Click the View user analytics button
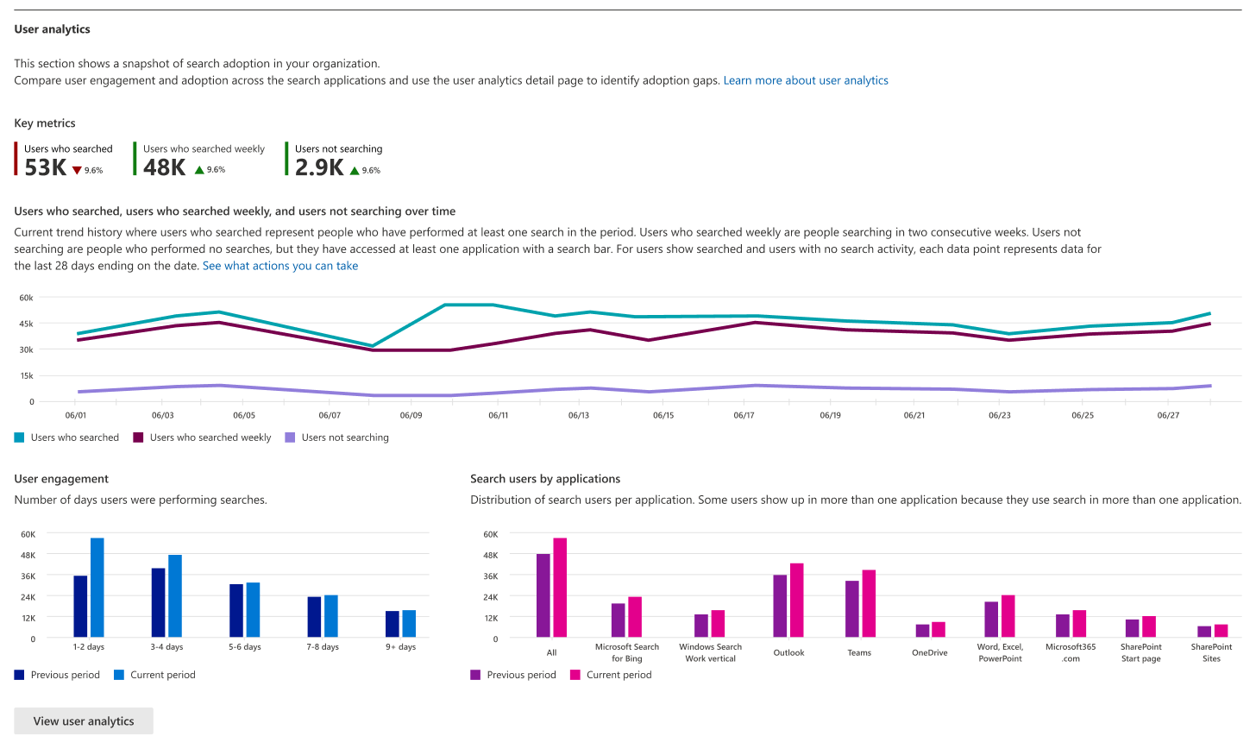84,721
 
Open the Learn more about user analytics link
805,80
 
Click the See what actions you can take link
279,266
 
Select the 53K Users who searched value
46,167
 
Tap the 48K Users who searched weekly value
165,167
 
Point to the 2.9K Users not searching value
319,167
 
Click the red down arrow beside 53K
77,171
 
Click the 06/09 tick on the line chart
411,415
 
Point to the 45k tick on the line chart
26,324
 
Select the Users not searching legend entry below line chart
345,437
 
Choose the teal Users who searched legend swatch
20,437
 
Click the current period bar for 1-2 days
97,588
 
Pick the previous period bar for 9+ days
392,624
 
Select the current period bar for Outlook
797,601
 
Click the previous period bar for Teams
852,609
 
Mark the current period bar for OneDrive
939,630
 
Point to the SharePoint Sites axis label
1211,652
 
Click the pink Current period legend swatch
575,675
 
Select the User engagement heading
61,479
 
